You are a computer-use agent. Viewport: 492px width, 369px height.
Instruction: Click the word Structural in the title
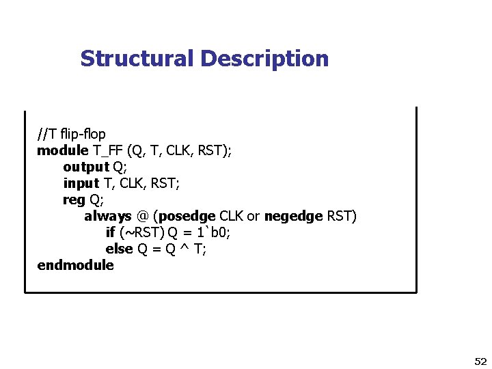(x=137, y=59)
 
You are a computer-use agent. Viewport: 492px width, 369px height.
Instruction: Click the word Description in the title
(x=264, y=59)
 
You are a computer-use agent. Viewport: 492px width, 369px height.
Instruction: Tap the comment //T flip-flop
(x=72, y=134)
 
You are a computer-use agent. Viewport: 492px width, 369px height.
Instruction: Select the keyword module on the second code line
(x=62, y=150)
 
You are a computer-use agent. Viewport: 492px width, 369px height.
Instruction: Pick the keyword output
(x=86, y=167)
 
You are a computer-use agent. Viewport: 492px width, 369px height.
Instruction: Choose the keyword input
(x=81, y=183)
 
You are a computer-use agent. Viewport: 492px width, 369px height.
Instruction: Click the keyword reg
(x=73, y=200)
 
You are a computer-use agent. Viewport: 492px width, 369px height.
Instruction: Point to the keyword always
(x=107, y=216)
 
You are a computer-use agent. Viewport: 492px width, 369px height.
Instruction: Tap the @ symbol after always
(x=143, y=216)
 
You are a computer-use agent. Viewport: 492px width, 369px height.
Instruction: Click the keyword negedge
(x=293, y=216)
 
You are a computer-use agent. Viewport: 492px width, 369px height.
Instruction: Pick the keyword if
(x=110, y=232)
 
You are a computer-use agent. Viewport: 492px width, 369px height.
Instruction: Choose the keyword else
(x=119, y=249)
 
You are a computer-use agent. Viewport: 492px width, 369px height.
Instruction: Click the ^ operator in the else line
(x=184, y=249)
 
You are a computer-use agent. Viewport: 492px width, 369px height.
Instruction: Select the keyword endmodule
(x=75, y=265)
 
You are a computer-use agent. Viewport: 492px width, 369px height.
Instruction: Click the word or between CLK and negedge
(x=253, y=216)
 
